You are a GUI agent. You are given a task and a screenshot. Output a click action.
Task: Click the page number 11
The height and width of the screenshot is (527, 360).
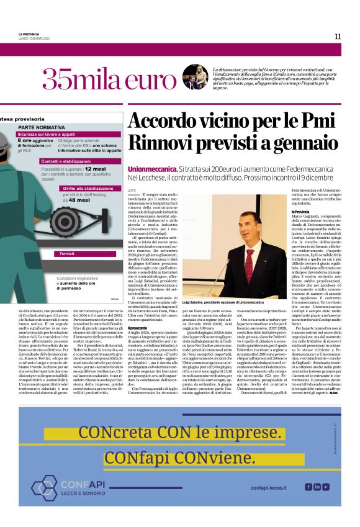(337, 37)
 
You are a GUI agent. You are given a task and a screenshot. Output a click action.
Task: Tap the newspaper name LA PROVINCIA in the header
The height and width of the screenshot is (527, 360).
(29, 34)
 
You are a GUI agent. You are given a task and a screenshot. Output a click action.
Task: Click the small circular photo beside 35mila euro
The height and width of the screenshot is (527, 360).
(195, 77)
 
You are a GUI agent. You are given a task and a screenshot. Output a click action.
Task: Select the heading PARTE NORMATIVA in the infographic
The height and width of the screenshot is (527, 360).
(40, 127)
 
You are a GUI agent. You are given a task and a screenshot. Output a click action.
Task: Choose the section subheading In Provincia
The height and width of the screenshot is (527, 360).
(300, 212)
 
